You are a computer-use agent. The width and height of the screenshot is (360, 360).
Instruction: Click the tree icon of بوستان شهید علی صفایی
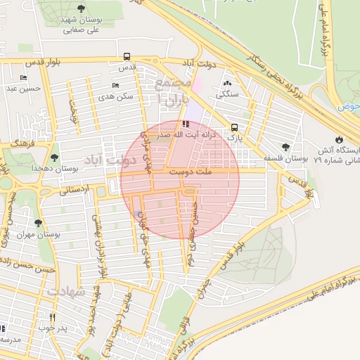pyautogui.click(x=82, y=9)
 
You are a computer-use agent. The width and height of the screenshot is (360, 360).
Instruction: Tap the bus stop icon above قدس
pyautogui.click(x=127, y=56)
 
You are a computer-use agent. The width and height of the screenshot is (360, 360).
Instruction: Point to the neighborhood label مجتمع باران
pyautogui.click(x=172, y=91)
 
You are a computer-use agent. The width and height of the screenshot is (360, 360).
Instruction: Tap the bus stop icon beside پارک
pyautogui.click(x=233, y=128)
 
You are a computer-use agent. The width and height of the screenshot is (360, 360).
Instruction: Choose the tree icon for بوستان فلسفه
pyautogui.click(x=285, y=147)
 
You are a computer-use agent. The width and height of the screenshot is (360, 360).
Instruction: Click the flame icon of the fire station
pyautogui.click(x=340, y=138)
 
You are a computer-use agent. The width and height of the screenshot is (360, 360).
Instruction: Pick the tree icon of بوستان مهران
pyautogui.click(x=38, y=223)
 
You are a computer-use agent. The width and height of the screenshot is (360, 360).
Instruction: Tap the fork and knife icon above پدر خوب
pyautogui.click(x=51, y=317)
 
